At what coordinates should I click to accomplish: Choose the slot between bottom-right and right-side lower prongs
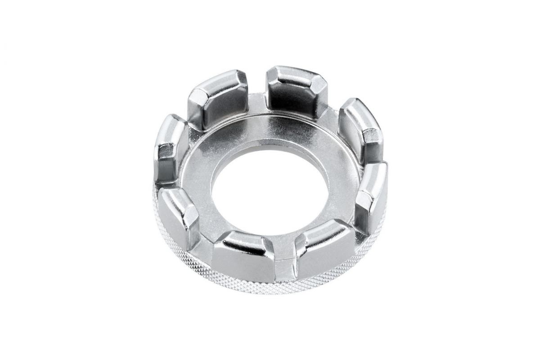(x=355, y=225)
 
